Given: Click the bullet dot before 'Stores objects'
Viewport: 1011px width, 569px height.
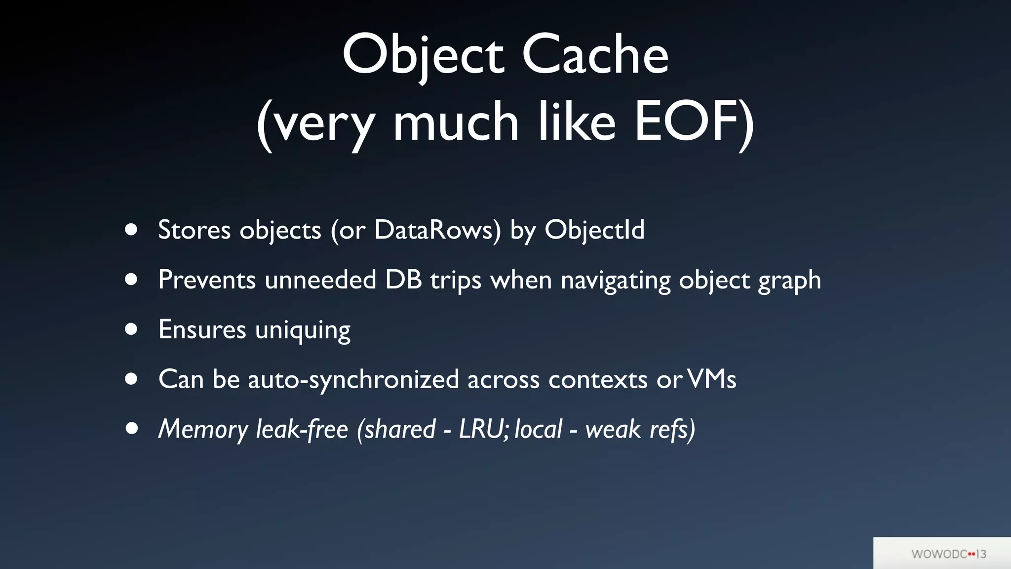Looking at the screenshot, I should click(131, 230).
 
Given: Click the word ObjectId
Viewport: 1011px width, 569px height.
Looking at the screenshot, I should click(594, 230).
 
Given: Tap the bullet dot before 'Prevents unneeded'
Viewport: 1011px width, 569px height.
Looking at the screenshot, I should click(131, 280).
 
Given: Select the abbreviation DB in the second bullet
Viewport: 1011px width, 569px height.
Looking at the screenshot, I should click(403, 280).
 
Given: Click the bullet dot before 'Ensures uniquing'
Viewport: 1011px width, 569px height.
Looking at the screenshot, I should click(131, 329).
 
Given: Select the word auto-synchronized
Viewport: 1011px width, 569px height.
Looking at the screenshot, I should click(353, 379).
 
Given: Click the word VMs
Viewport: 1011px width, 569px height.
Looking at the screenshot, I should click(711, 379).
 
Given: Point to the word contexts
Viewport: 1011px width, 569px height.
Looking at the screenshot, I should click(598, 379).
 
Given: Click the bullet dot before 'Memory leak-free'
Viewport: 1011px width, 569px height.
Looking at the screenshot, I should click(131, 429).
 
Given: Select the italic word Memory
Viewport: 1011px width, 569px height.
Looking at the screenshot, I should click(203, 429).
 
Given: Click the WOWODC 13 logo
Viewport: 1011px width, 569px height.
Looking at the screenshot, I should click(948, 554).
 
